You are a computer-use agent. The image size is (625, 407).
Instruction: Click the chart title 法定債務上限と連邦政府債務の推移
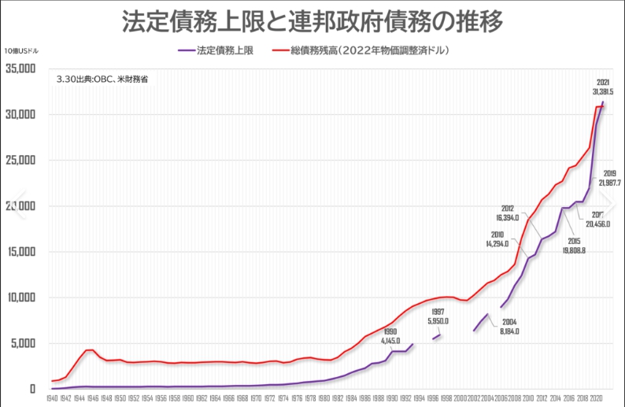point(312,21)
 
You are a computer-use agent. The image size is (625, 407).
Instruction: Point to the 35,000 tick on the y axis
point(20,68)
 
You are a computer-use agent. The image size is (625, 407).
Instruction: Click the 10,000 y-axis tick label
point(20,298)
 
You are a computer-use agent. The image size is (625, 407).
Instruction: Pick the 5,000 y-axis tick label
point(22,343)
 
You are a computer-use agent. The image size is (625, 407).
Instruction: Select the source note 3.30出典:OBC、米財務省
point(102,80)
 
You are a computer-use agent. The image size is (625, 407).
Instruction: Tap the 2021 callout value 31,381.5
point(603,92)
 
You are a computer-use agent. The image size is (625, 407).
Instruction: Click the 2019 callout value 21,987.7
point(609,183)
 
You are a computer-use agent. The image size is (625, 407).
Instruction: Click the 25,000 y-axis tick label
point(20,160)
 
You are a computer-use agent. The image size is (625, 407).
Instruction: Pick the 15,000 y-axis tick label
point(20,252)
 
